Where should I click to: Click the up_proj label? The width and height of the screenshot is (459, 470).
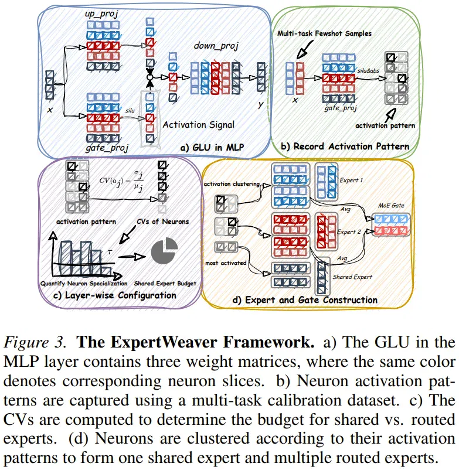pos(101,14)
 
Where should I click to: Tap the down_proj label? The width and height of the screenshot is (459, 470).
pos(216,46)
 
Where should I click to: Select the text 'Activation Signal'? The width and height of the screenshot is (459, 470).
pos(199,125)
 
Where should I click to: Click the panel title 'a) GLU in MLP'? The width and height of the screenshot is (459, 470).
pos(212,147)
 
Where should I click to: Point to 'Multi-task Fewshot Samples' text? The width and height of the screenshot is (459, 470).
pos(324,33)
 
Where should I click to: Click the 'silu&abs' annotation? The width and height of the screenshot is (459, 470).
pos(368,71)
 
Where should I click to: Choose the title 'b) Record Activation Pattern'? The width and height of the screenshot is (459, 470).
pos(345,147)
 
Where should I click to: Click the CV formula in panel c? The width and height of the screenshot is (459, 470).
pos(121,180)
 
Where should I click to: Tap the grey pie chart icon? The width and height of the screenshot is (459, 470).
pos(164,251)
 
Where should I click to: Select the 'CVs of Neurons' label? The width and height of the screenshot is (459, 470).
pos(163,222)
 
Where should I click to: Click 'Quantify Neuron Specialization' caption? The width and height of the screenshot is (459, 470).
pos(84,283)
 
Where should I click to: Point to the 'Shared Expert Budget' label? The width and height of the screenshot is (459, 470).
pos(165,283)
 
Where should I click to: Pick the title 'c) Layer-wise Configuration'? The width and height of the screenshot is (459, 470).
pos(115,295)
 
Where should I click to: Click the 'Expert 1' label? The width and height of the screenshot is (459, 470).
pos(351,180)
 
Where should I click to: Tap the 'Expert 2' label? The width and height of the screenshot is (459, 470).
pos(349,231)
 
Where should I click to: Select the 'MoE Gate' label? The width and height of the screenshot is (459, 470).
pos(391,205)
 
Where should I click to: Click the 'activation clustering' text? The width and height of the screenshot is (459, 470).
pos(232,184)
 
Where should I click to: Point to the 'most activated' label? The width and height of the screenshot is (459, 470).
pos(226,263)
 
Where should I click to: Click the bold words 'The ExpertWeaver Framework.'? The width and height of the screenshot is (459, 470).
pos(195,342)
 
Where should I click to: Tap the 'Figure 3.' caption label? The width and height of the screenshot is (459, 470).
pos(35,342)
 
